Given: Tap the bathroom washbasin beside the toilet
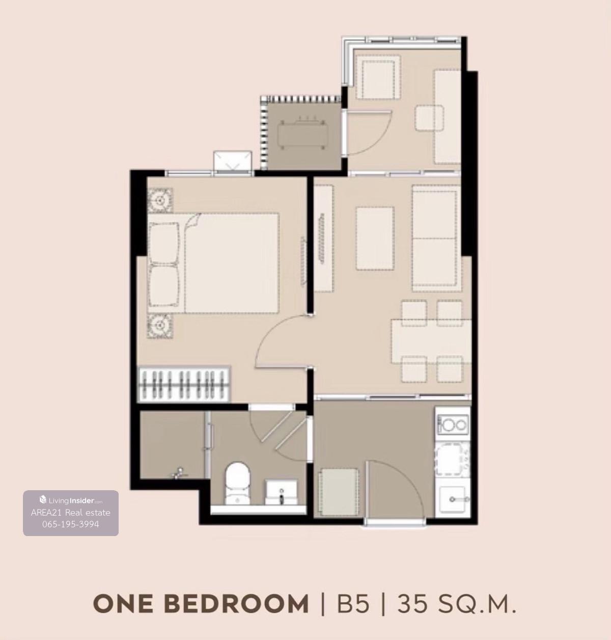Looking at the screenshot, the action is [281, 492].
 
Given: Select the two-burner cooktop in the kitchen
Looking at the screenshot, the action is [453, 424].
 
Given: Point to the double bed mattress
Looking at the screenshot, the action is [231, 263].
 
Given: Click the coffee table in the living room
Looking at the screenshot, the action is [375, 238].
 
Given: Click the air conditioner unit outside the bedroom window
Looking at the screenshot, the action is [233, 161].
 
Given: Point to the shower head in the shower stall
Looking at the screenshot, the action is [178, 472].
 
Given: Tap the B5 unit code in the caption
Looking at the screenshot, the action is [353, 603].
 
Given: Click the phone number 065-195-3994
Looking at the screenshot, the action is [71, 524].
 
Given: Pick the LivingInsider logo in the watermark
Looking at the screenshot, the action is [71, 500].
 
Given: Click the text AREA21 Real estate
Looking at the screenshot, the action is [71, 513].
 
